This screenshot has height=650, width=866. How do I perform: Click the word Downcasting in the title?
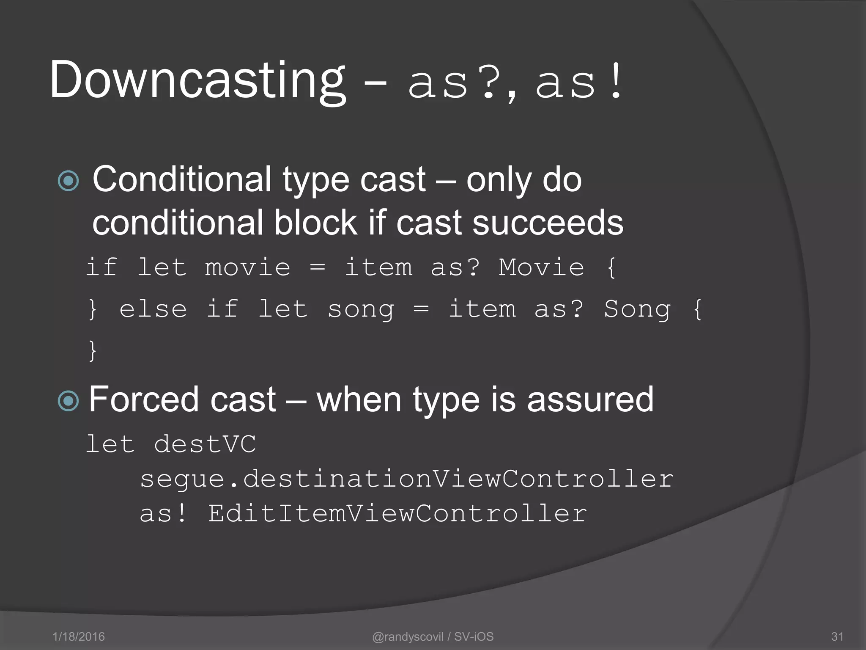[198, 80]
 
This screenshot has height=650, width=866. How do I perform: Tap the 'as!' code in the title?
[578, 83]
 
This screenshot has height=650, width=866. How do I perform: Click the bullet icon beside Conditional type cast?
[68, 181]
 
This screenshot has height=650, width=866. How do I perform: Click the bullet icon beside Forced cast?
[68, 401]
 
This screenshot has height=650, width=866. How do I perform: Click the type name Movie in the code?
[541, 268]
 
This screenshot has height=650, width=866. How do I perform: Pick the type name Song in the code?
[637, 309]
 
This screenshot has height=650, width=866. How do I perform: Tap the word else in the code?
[153, 309]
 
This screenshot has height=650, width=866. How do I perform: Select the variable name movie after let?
[248, 268]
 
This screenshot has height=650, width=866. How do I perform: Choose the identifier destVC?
[205, 444]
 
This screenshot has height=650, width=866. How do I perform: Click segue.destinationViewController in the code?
[406, 479]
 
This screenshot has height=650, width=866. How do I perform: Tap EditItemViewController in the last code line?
[397, 514]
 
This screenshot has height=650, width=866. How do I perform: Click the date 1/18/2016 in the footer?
[79, 636]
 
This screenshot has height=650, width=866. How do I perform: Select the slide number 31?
[837, 636]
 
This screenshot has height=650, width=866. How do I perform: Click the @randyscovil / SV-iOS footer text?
[433, 636]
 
